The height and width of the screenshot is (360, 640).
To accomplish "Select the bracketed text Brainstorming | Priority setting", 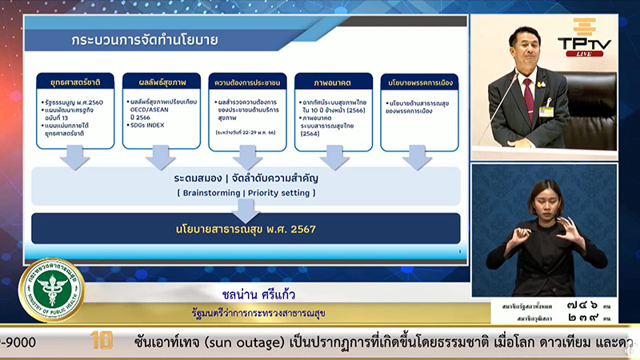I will click(246, 193).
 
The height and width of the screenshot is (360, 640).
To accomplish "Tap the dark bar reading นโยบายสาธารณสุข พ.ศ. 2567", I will click(246, 229).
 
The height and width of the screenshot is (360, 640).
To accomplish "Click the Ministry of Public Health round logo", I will click(50, 290).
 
